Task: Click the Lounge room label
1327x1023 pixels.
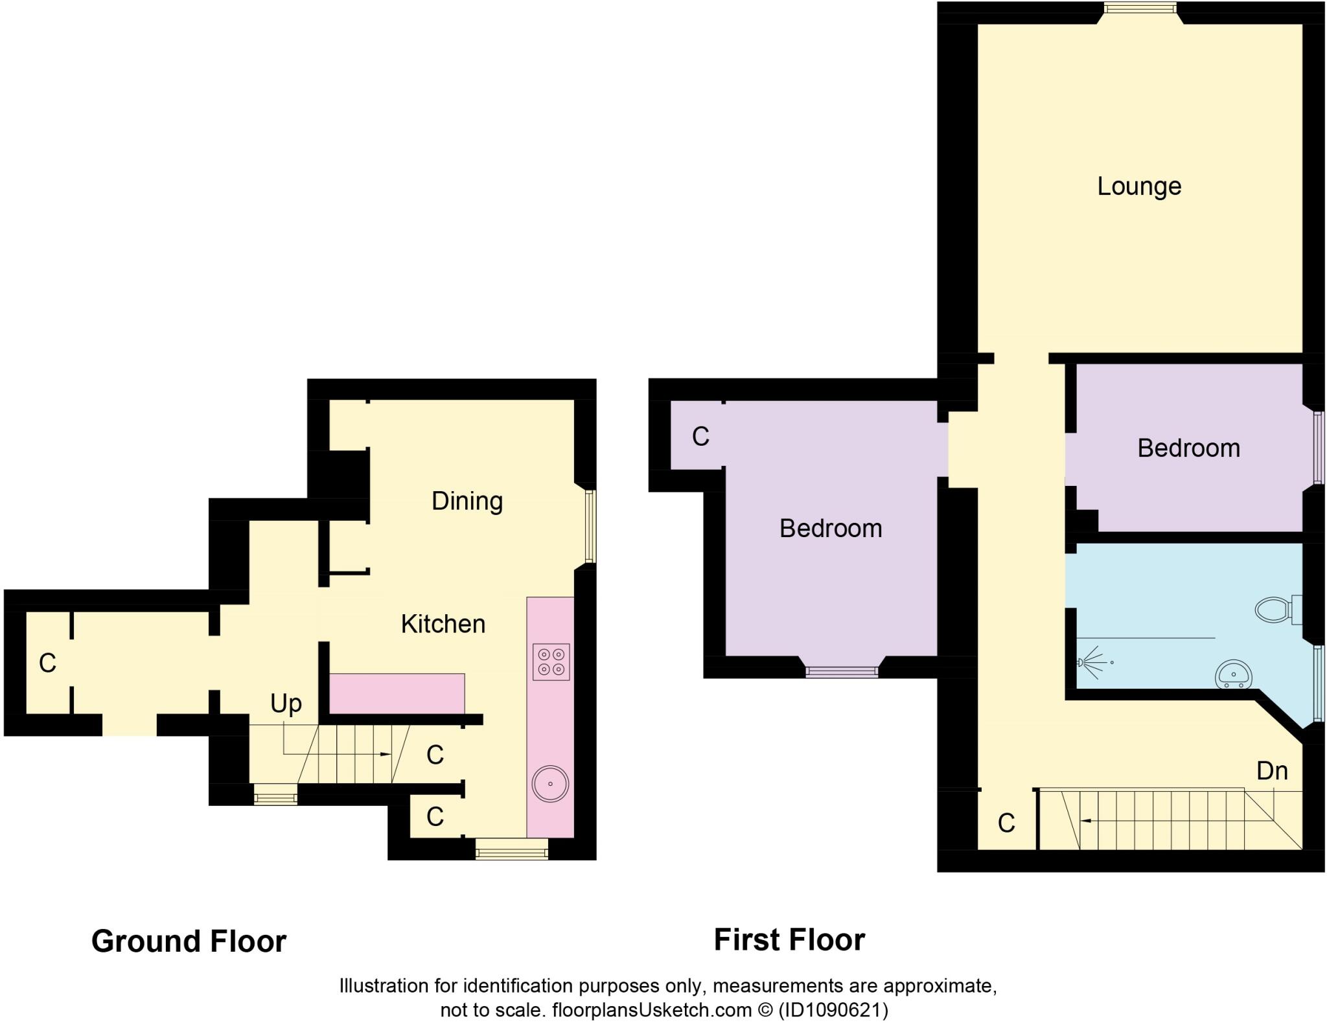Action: tap(1138, 187)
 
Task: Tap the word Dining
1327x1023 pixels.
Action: tap(467, 501)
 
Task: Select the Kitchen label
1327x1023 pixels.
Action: tap(443, 624)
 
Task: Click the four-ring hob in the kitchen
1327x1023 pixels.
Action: tap(551, 661)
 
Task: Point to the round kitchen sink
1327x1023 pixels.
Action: tap(550, 784)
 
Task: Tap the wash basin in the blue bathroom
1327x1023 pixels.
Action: tap(1234, 674)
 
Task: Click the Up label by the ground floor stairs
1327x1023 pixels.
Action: tap(286, 704)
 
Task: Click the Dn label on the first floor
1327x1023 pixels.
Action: tap(1271, 771)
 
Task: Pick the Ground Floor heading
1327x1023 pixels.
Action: tap(189, 941)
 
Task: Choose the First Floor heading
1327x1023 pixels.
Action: tap(789, 940)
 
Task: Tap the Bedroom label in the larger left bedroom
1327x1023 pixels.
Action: tap(831, 529)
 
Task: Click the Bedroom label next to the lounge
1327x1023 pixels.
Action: tap(1188, 448)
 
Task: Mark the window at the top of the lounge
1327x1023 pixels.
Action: tap(1149, 8)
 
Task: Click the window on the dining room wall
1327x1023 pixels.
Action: tap(590, 526)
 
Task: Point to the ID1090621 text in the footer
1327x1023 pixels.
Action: tap(833, 1010)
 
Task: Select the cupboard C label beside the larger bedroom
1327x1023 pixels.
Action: tap(700, 437)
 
